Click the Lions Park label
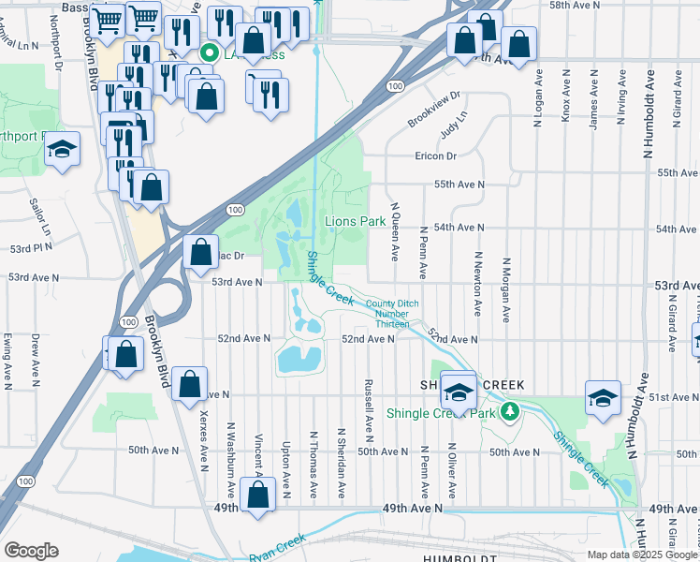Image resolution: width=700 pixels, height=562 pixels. coord(355,222)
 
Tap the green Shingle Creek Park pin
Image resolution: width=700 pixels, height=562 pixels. coord(510,411)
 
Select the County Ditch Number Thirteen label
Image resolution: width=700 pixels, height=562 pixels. coord(392,314)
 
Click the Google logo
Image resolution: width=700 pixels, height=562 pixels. coord(31,551)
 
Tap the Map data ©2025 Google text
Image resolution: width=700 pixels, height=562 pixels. coord(642,555)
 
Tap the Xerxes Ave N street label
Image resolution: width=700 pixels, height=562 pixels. coord(203,437)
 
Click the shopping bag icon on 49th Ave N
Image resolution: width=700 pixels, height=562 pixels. coord(257,495)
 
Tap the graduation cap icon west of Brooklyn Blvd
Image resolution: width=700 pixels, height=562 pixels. coord(63,150)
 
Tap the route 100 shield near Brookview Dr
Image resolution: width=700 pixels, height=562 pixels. coord(397,86)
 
